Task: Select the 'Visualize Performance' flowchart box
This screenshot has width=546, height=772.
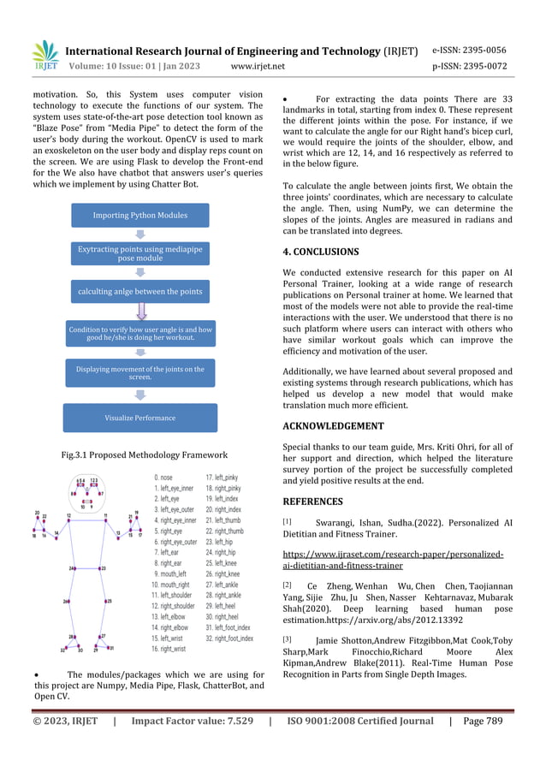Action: click(139, 418)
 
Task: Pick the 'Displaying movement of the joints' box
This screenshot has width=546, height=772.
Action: click(139, 373)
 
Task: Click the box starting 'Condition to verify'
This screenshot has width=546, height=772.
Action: click(139, 333)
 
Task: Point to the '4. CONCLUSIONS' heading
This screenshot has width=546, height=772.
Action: click(321, 252)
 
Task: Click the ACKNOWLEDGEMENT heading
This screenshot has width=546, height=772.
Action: click(333, 425)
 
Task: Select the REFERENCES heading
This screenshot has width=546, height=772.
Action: click(313, 502)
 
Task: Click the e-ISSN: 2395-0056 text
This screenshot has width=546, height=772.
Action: click(469, 50)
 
